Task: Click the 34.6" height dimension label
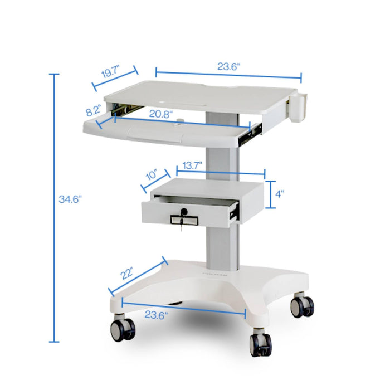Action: [x=70, y=198]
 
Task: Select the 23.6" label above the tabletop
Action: [x=228, y=66]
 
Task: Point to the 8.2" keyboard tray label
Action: [x=92, y=111]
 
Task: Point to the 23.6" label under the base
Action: [x=157, y=315]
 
